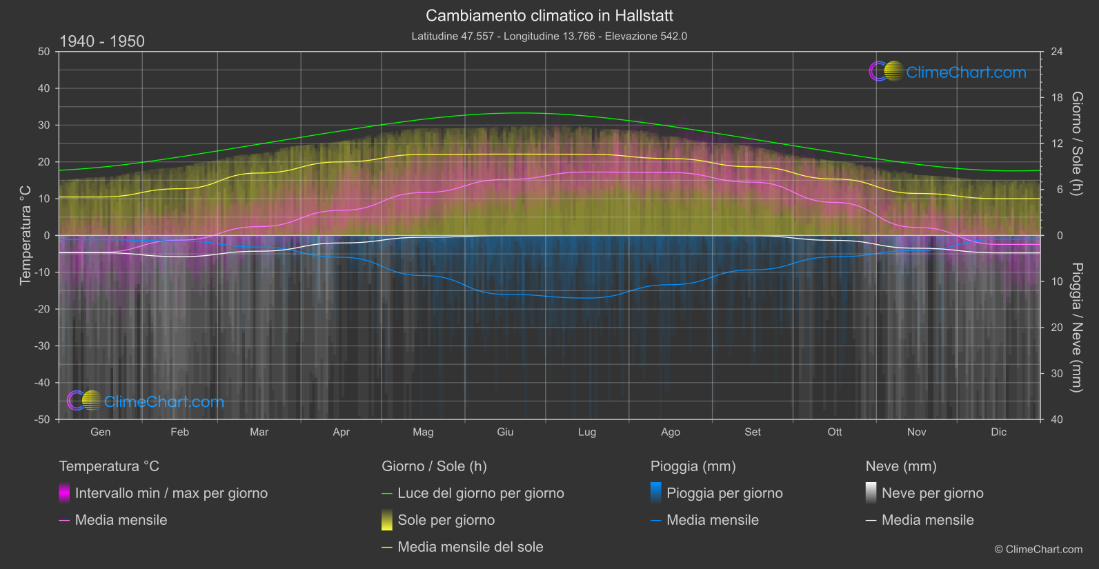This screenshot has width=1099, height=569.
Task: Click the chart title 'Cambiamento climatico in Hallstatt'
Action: point(549,15)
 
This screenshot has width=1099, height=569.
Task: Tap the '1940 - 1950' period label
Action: point(102,41)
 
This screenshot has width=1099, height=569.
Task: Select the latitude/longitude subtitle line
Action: point(549,36)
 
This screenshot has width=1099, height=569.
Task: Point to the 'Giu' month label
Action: point(505,432)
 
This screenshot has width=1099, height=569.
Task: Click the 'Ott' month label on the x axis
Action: point(835,432)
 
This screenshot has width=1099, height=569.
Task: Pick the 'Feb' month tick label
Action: point(179,432)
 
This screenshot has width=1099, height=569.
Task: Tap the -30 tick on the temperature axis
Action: point(43,346)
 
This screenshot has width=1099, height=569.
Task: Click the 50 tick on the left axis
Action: point(44,52)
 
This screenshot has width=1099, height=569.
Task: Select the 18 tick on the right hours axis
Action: point(1057,98)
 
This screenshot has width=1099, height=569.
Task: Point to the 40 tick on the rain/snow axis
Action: point(1057,419)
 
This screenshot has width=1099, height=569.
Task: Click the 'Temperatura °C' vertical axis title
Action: point(26,235)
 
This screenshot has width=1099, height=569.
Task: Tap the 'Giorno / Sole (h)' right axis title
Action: point(1076,143)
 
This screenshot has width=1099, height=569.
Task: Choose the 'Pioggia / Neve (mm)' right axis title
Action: point(1076,328)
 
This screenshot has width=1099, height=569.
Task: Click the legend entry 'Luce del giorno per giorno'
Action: point(480,493)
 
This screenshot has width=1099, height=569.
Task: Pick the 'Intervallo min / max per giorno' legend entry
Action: point(171,493)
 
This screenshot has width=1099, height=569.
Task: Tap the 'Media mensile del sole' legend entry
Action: point(470,547)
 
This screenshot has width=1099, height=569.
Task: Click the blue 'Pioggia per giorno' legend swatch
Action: point(656,492)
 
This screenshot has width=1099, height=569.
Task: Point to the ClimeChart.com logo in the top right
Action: point(947,72)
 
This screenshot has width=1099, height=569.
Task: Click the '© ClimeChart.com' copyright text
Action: point(1038,549)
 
